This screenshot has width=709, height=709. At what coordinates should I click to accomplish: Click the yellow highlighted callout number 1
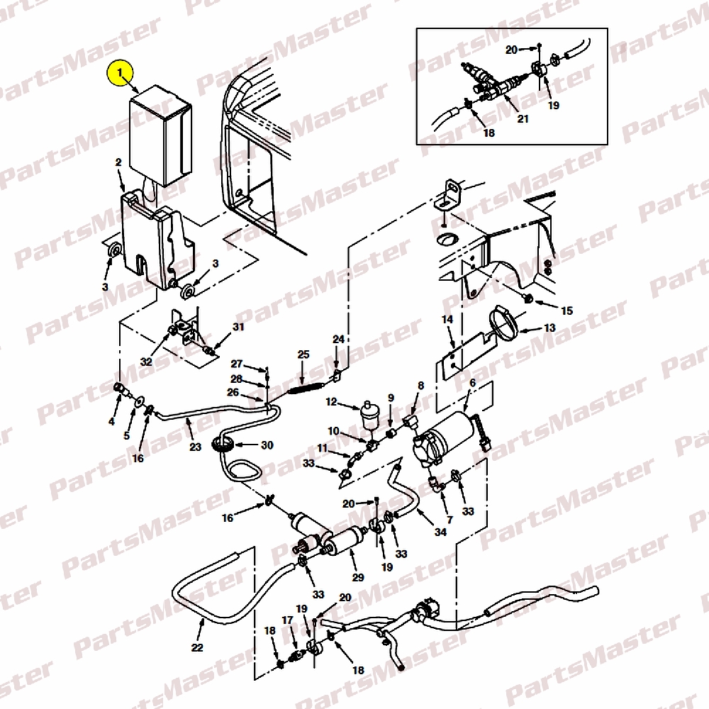pos(120,73)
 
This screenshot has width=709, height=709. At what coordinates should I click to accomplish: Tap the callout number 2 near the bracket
pos(118,162)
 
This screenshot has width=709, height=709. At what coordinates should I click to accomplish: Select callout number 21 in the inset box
pos(523,119)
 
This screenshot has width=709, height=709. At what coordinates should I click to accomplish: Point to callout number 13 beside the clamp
pos(549,328)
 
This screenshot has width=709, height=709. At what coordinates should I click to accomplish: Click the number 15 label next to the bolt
pos(566,311)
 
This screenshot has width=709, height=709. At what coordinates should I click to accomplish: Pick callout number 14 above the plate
pos(447,319)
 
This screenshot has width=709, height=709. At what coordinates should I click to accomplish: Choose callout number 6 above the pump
pos(472,383)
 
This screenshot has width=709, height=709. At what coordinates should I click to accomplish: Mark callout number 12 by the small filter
pos(331,401)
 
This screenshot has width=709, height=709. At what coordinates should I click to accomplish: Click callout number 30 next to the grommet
pos(267,445)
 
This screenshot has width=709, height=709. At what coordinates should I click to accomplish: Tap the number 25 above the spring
pos(303,354)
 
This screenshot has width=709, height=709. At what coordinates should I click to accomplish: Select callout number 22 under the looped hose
pos(197,647)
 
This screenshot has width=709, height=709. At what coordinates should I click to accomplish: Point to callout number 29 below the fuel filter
pos(358,577)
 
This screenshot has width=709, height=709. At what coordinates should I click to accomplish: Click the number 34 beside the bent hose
pos(440,532)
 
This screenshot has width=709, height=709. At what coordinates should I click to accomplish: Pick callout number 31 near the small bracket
pos(238,326)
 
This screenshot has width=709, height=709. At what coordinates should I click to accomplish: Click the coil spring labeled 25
pos(304,388)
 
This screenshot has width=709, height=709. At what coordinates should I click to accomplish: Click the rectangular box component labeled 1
pos(160,135)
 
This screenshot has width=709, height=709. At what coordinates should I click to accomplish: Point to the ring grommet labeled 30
pos(223,444)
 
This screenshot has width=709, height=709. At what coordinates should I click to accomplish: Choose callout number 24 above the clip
pos(339,339)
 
